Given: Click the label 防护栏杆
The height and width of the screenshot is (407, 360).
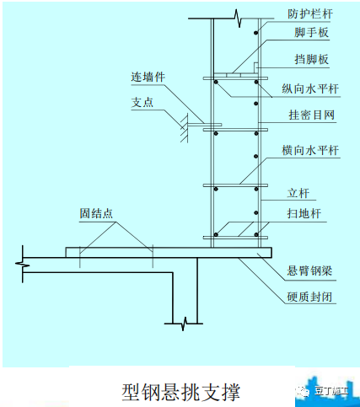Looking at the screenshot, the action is point(310,13).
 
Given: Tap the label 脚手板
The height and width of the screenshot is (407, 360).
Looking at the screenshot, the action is point(312,32).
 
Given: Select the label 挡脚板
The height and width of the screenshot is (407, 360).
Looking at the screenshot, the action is point(312,59).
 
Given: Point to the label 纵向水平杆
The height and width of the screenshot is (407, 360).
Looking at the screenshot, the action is point(310,88).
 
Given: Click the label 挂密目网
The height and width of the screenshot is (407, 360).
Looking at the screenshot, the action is point(312,115).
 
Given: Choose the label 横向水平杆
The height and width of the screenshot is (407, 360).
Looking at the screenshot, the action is point(310,150).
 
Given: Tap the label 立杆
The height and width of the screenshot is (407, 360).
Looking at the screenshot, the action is point(298,193).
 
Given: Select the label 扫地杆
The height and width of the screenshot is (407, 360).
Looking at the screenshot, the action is point(304,213).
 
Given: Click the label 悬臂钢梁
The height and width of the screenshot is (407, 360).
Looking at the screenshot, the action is point(309,270).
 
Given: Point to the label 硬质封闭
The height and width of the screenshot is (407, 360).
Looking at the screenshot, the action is point(309,297).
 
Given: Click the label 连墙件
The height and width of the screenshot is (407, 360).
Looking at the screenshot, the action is point(148,77).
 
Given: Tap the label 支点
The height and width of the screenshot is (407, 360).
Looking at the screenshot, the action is point(142,102).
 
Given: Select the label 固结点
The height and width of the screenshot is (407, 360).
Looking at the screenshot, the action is point(96,213).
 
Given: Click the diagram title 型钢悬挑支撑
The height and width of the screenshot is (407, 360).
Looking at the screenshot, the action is point(181,392).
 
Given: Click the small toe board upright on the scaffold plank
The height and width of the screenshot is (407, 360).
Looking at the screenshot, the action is point(256,68).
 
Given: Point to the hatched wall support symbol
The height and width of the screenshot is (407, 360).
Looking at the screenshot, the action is point(184,128).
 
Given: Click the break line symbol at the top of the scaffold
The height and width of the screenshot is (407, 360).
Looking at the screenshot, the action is point(239,19).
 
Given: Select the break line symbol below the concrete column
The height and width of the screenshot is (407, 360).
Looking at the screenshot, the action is point(185,324).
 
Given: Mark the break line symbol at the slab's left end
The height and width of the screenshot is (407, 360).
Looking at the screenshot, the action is point(23,264).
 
